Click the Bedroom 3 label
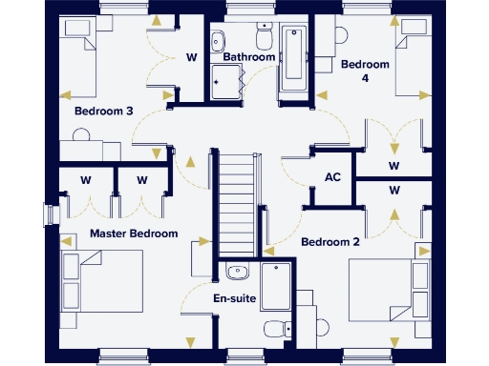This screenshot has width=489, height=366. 104,112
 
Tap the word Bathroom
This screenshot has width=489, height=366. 249,57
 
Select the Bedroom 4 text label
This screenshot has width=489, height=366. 366,71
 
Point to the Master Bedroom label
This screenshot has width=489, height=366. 134,234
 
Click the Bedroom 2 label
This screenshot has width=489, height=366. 330,242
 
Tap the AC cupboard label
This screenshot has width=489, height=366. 333,177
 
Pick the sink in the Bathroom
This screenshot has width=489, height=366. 218,39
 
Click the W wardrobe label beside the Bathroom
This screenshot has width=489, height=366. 191,57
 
